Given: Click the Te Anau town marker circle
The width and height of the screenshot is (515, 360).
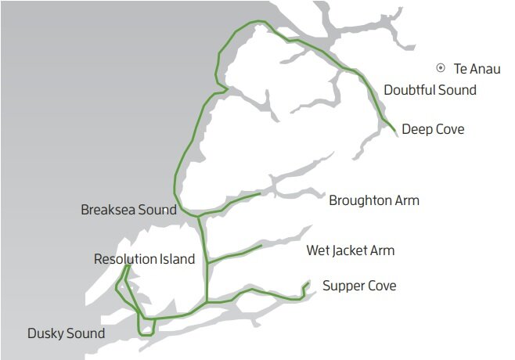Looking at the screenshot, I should pos(441,69).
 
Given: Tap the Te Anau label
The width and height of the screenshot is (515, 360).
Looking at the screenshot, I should pos(477,69).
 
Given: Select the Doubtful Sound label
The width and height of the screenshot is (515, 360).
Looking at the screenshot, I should pos(430,90).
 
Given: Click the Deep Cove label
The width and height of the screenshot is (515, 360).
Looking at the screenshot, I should pos(433,129).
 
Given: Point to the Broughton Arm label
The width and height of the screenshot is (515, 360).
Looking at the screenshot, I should pos(374,200).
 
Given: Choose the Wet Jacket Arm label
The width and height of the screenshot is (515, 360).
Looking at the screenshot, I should pos(350,251).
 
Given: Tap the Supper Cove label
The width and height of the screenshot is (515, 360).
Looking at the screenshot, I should pos(359,286).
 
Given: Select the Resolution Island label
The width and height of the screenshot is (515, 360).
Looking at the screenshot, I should pos(144,259).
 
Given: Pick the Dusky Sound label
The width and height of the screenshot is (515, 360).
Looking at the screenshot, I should pos(66,334).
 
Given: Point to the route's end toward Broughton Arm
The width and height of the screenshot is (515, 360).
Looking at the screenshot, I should pos(260,193).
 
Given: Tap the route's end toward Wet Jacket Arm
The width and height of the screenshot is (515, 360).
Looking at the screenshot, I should pos(261,246).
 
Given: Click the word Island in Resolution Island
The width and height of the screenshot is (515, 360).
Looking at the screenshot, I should pos(176,259).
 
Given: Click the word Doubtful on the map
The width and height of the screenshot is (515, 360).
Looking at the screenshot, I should pos(409,90).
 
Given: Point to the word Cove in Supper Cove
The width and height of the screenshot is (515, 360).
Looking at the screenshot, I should pos(380,286).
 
